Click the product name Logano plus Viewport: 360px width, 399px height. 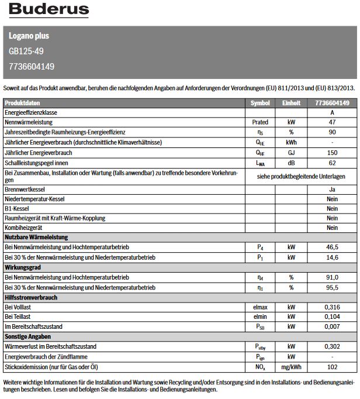[x=29, y=36]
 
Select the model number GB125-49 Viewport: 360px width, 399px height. [x=26, y=51]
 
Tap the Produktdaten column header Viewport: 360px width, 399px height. [x=23, y=102]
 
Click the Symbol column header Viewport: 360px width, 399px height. [x=260, y=102]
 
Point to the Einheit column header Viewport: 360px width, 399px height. [x=291, y=102]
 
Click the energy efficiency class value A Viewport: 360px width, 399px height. [x=332, y=112]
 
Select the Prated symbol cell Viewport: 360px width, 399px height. [x=260, y=122]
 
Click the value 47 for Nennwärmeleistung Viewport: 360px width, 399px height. [x=332, y=122]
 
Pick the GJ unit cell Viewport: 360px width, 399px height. [x=291, y=152]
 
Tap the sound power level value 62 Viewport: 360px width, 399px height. [x=332, y=162]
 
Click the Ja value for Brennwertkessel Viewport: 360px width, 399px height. [x=332, y=188]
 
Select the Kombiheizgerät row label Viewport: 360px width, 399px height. [x=24, y=228]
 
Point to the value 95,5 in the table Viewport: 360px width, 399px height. [x=332, y=287]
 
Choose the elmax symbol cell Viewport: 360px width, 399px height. [x=260, y=307]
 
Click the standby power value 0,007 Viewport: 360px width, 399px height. [x=332, y=326]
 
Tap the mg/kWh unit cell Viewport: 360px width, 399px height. [x=291, y=367]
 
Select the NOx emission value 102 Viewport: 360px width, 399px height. [x=332, y=367]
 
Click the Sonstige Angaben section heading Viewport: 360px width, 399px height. [x=28, y=337]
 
